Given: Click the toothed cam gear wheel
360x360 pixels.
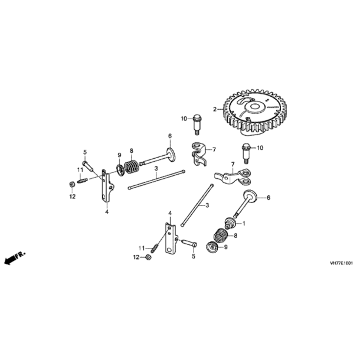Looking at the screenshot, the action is [x=255, y=113].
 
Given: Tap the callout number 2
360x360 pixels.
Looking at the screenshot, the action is [x=215, y=109].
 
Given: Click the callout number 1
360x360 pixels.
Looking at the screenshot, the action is [x=244, y=223].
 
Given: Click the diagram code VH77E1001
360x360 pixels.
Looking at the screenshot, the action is [x=341, y=263].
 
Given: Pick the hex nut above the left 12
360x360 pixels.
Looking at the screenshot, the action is [x=71, y=184].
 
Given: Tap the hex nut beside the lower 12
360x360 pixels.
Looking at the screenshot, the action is [x=148, y=257].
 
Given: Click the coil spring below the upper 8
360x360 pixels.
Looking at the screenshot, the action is [x=132, y=166].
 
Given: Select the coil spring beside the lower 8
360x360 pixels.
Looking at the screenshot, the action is [x=221, y=235].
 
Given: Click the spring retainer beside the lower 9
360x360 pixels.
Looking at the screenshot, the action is [x=212, y=248].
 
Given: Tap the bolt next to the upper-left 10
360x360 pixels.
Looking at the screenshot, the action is [x=197, y=124].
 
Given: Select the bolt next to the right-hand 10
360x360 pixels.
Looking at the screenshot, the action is [x=245, y=153].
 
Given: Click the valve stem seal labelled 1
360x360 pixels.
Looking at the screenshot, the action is [x=230, y=223].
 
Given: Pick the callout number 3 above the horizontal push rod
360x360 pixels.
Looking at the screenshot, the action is [x=156, y=168].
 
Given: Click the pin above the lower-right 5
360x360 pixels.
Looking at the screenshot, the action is [x=189, y=243].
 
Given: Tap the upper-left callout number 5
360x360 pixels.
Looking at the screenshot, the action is [x=85, y=152].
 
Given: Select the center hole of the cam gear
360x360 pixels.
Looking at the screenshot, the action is [x=255, y=106].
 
